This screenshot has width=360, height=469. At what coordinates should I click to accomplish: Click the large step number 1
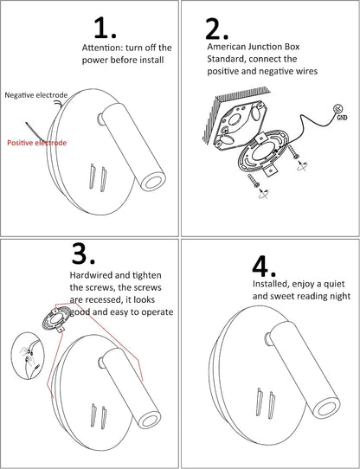pos(105,28)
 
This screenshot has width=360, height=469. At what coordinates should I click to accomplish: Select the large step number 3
pos(83,254)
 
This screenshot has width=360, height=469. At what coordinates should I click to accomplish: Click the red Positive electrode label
pos(37,143)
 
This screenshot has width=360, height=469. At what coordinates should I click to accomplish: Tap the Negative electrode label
pos(36,95)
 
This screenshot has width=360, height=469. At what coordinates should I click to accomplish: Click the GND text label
pos(342,118)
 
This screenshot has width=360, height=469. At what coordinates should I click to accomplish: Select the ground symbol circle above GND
pos(339,108)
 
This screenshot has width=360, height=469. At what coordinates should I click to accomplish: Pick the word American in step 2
pos(226,47)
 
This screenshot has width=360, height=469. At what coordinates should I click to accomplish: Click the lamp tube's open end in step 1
pos(153,181)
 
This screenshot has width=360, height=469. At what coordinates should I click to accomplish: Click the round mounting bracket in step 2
pos(263,152)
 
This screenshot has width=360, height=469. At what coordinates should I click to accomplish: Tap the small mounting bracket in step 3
pos(55,318)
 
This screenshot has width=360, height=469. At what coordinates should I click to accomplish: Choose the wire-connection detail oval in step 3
pos(28,356)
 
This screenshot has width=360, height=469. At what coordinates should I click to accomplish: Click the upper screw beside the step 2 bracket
pos(293,151)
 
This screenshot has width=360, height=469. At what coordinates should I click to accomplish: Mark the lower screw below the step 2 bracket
pos(253,181)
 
